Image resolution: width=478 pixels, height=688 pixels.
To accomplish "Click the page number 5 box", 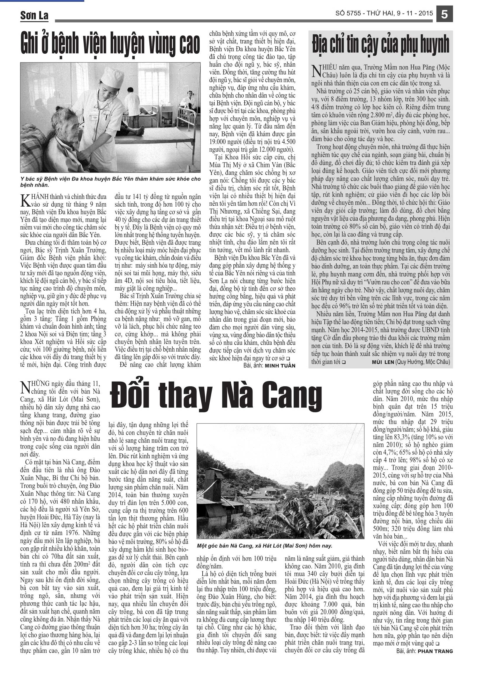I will coord(445,14).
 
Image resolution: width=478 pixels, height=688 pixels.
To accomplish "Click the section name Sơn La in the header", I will coord(34,15).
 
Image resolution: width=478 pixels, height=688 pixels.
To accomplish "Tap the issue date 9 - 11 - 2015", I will coord(415,13).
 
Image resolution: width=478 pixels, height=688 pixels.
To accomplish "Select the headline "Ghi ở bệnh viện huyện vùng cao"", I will coord(110,44).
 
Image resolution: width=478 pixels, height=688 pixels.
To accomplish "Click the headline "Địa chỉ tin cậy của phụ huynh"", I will coord(381,44).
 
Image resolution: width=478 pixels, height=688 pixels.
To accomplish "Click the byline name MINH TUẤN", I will coord(280,365).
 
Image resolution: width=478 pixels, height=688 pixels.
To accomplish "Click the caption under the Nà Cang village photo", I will coord(265,546).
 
